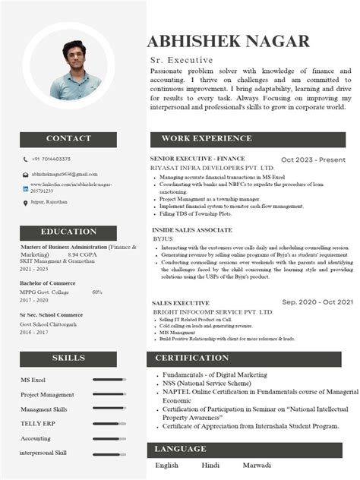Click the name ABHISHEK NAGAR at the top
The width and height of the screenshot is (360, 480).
[228, 41]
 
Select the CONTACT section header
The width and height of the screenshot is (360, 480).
[68, 139]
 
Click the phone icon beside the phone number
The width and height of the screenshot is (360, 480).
[25, 159]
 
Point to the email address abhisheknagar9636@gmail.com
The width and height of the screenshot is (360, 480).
[65, 175]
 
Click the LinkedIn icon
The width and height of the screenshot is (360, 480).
[25, 188]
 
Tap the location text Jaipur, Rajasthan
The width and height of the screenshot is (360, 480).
[49, 202]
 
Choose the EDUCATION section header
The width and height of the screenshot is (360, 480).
[68, 232]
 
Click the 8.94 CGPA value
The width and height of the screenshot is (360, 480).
[83, 254]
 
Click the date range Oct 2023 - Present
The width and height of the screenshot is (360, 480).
[313, 159]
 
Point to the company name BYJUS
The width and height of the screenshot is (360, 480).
[163, 238]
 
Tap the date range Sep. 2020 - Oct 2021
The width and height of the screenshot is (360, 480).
[317, 302]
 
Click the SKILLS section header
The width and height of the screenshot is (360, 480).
[68, 358]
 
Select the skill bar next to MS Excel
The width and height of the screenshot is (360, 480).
[109, 380]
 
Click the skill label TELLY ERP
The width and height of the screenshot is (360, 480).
[36, 424]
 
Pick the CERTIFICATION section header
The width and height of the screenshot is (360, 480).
[191, 358]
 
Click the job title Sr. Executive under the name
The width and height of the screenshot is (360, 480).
[182, 60]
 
